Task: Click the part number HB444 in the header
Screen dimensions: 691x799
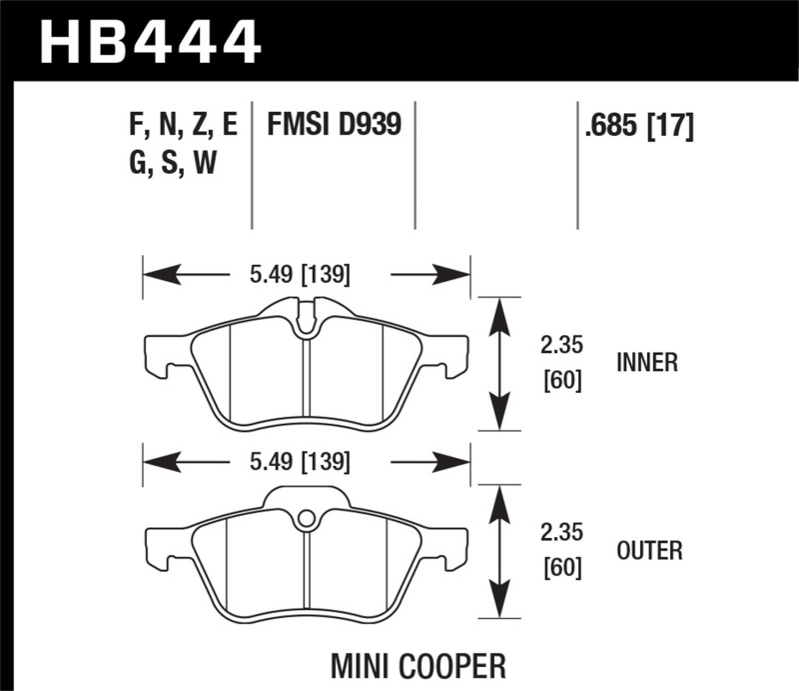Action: (150, 42)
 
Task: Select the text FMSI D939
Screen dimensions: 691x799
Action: (333, 126)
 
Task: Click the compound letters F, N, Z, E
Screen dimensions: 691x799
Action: (183, 126)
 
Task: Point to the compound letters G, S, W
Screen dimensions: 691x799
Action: (173, 164)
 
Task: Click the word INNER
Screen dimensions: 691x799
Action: (646, 363)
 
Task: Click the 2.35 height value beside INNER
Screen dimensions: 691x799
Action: (559, 346)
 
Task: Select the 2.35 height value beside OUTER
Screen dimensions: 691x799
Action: (559, 534)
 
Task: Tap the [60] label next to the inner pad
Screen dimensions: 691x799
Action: (559, 381)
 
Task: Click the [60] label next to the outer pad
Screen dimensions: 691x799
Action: (559, 569)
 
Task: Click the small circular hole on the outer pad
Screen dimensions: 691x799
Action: (307, 518)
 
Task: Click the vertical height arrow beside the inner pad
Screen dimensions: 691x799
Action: (500, 363)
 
